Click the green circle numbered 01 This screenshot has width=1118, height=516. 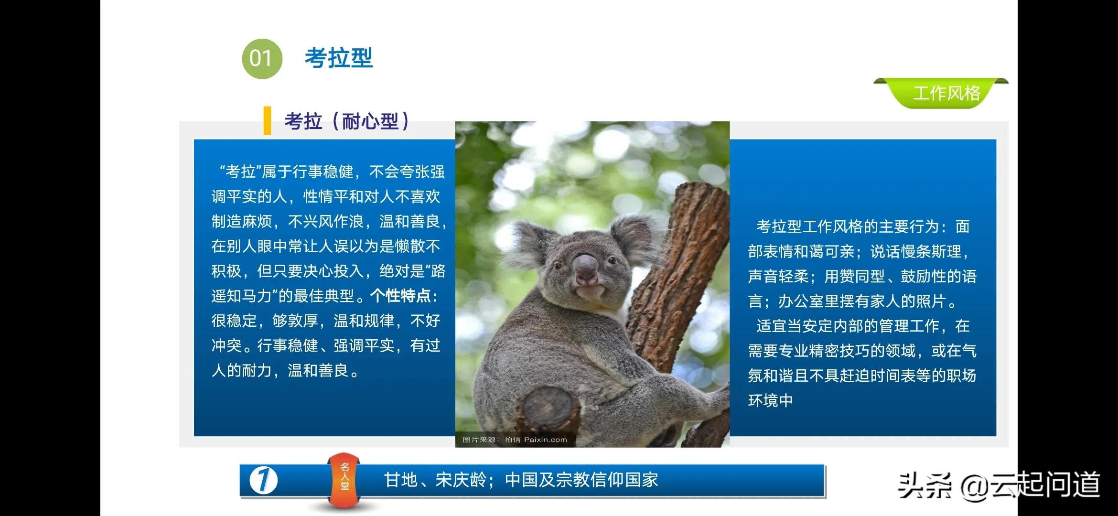(x=262, y=58)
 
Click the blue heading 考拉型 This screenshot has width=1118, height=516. (x=338, y=58)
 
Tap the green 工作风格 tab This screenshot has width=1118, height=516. (x=946, y=93)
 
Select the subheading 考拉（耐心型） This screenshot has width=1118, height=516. (x=346, y=121)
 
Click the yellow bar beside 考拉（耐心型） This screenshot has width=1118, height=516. (x=267, y=120)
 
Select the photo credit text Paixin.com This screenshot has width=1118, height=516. (x=545, y=440)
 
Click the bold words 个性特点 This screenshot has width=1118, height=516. (x=400, y=296)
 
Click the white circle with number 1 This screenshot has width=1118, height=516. (x=264, y=480)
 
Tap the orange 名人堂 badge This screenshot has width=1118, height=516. (x=344, y=478)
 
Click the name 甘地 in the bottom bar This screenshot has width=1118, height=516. (x=401, y=480)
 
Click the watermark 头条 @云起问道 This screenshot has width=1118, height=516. (x=999, y=485)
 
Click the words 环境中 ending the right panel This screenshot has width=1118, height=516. (x=770, y=400)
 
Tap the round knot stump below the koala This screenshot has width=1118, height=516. (x=548, y=408)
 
